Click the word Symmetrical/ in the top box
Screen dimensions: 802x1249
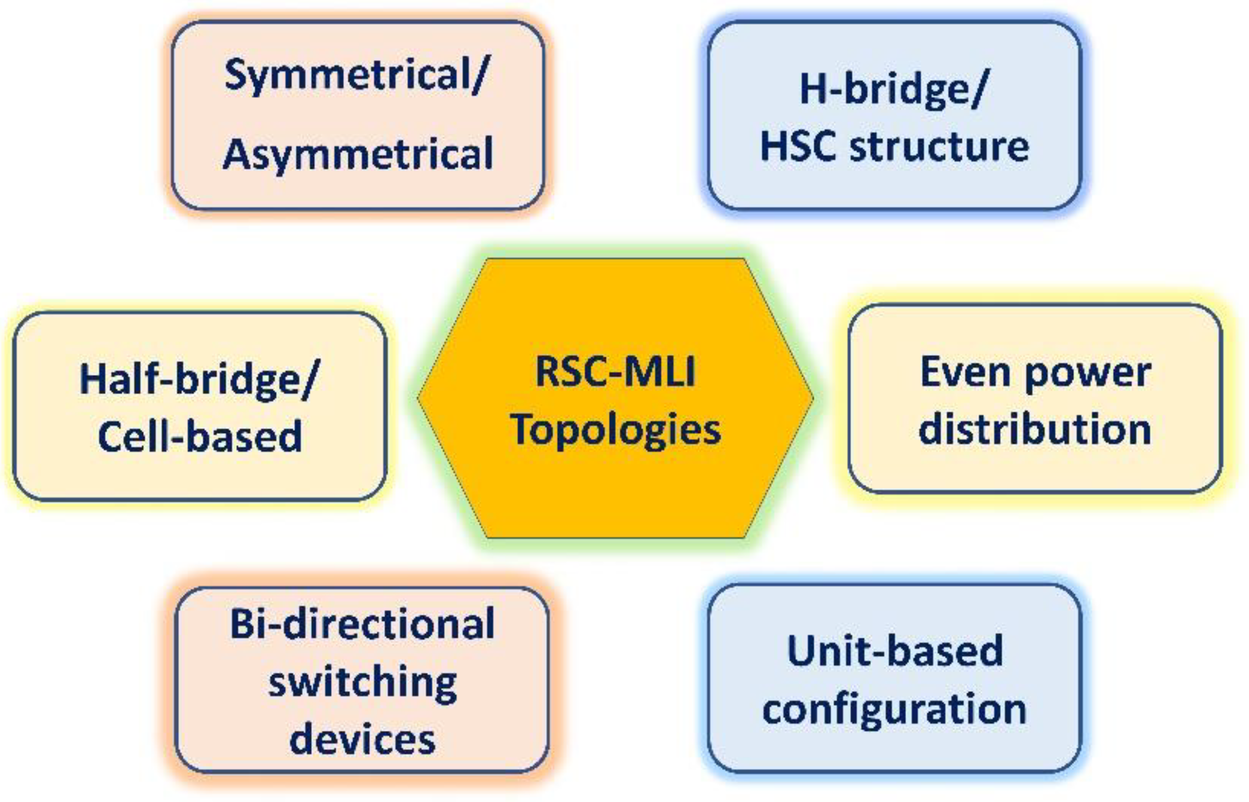coord(356,76)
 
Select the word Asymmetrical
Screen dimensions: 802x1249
coord(358,154)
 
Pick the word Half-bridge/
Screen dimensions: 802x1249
coord(199,380)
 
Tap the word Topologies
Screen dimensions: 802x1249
coord(616,430)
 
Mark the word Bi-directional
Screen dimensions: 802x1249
coord(362,624)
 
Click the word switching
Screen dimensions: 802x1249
coord(362,684)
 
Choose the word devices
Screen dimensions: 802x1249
coord(362,739)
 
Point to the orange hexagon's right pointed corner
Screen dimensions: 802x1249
coord(812,398)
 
